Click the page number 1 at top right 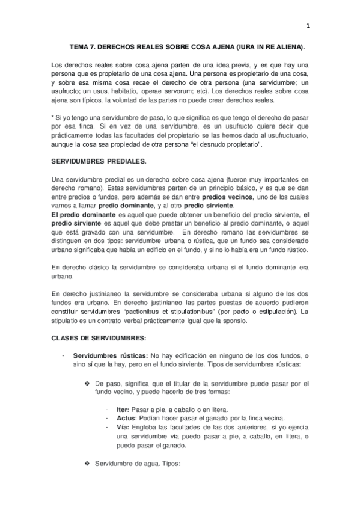point(307,25)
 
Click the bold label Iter point(123,408)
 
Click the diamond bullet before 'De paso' point(88,383)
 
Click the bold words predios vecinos point(227,197)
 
